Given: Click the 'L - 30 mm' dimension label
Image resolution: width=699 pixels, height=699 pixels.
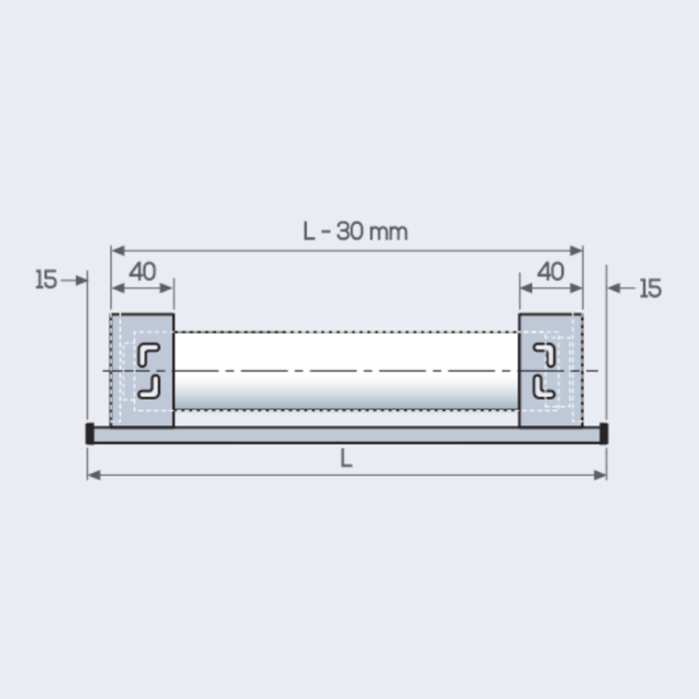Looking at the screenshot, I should [x=355, y=231].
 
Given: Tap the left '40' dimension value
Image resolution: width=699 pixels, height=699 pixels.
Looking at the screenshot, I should [x=142, y=272].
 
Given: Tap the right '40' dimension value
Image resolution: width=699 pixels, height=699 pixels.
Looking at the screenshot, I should [x=551, y=272].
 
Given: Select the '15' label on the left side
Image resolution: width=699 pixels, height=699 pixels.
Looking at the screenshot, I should [x=47, y=280].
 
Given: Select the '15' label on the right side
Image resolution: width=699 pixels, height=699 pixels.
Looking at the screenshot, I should [x=650, y=289].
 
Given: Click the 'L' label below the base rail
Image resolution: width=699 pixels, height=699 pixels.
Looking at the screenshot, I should [x=346, y=459].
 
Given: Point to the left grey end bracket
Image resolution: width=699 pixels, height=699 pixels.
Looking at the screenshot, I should [x=141, y=370].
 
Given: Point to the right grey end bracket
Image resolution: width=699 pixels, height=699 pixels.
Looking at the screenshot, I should [x=551, y=370].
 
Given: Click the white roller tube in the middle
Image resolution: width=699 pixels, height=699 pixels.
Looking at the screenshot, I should [x=346, y=370].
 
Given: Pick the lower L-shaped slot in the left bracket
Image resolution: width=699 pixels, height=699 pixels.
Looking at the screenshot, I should [x=148, y=386].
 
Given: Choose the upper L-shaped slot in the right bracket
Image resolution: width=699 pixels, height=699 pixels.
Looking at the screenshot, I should [x=545, y=353].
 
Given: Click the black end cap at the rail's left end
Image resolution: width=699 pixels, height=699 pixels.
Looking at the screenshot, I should [x=90, y=433].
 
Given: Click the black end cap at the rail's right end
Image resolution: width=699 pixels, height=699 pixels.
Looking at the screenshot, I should [x=603, y=433].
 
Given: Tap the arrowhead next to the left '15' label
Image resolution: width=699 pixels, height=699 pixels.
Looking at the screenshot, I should [x=82, y=280].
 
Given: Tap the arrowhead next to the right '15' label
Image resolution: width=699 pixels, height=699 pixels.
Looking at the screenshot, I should [x=613, y=289].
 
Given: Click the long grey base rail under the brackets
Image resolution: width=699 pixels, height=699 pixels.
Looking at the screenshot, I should [x=346, y=434].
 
